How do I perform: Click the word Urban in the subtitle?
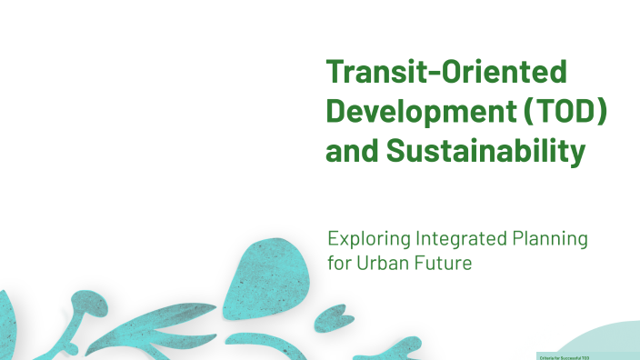[x=386, y=264]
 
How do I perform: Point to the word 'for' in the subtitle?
[x=339, y=264]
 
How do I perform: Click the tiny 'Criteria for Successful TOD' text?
[x=565, y=356]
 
